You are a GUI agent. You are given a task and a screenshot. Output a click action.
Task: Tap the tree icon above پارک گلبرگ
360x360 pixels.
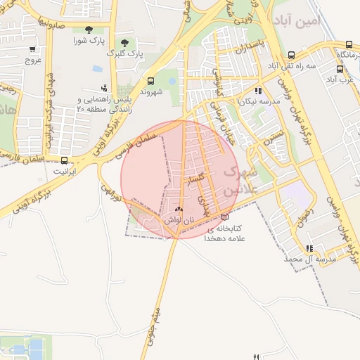point(124,43)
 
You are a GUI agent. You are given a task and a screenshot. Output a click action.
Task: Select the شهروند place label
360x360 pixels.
point(151,91)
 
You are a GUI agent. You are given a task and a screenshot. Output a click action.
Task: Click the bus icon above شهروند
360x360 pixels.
point(151,81)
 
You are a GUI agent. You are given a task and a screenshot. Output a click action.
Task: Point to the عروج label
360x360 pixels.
point(34,60)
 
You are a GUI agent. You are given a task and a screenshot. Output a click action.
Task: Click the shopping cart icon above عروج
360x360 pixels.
point(33,50)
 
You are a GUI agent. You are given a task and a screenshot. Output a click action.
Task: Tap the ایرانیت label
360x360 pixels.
point(65,171)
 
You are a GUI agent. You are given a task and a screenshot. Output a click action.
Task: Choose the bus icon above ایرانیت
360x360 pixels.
point(65,160)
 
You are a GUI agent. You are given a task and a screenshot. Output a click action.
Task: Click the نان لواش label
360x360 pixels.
point(178,220)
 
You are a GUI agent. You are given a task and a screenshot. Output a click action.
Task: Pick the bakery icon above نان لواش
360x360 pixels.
point(178,210)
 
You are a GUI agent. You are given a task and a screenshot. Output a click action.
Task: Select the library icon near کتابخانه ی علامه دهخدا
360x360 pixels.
point(224,218)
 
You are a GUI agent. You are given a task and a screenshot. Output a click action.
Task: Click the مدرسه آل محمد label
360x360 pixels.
point(310,259)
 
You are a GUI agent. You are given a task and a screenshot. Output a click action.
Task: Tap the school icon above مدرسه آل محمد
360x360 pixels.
point(309,248)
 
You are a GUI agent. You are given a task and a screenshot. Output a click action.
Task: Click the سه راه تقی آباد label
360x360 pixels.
point(291,65)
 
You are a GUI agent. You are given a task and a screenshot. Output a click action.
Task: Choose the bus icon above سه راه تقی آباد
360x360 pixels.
point(291,55)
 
